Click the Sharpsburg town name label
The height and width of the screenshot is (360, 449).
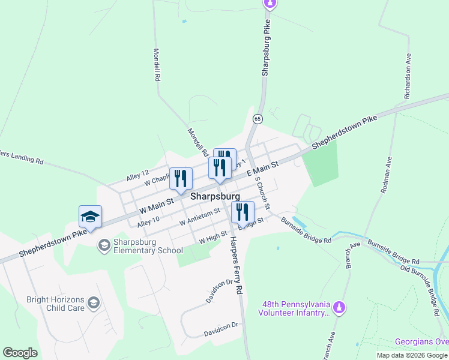[x=215, y=196]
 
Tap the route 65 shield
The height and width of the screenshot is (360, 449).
[x=258, y=118]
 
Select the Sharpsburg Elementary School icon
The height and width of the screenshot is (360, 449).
[x=104, y=245]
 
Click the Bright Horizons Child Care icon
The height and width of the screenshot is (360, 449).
[x=93, y=303]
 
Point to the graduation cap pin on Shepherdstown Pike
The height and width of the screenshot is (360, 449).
[x=90, y=217]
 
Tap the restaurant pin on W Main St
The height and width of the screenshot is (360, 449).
[x=181, y=178]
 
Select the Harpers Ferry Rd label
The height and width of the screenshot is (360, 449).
[x=236, y=263]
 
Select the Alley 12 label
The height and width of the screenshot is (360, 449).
[x=137, y=176]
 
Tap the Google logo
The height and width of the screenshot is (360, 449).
[x=20, y=353]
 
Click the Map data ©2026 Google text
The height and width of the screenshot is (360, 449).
[x=411, y=355]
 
